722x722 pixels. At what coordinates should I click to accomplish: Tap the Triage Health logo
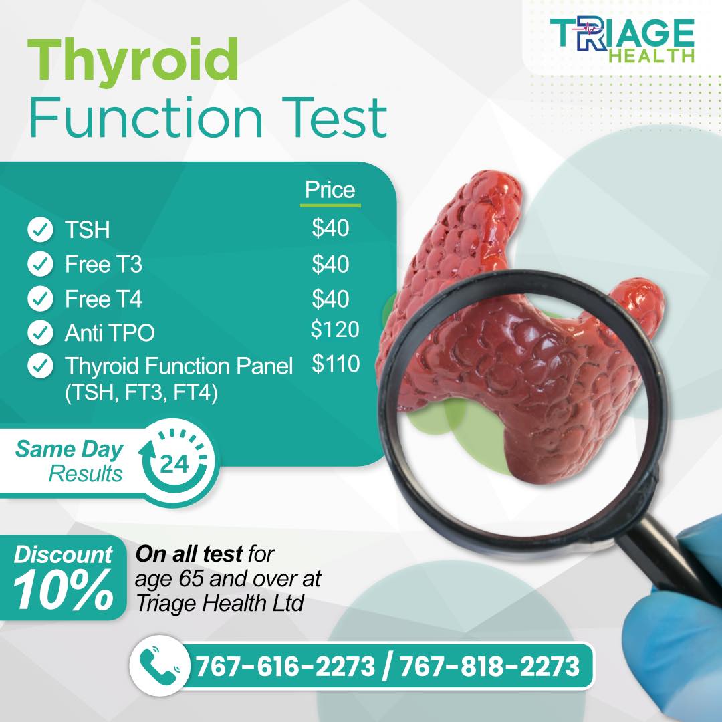tap(622, 41)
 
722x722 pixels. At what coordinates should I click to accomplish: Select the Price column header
tap(330, 190)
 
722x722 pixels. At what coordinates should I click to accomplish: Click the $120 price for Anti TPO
tap(335, 330)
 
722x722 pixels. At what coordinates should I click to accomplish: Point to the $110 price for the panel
tap(336, 364)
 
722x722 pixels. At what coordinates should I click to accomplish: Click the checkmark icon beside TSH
tap(41, 229)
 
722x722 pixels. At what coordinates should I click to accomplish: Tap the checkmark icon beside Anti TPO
tap(41, 332)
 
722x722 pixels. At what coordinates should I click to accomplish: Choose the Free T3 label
tap(104, 264)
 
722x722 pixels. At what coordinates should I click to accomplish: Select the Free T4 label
tap(104, 299)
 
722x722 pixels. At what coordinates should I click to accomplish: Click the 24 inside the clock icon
tap(174, 463)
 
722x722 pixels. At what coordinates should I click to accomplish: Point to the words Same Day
tap(70, 449)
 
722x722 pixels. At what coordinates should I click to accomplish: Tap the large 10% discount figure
tap(63, 590)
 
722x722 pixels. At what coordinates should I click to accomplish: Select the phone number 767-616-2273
tap(285, 667)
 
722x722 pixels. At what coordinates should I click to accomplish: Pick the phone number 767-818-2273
tap(489, 667)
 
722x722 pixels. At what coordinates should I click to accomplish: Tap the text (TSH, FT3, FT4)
tap(141, 393)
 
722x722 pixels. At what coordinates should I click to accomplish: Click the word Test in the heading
tap(334, 117)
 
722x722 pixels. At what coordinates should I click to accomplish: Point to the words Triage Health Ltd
tap(220, 603)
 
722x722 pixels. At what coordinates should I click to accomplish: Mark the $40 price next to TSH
tap(331, 228)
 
